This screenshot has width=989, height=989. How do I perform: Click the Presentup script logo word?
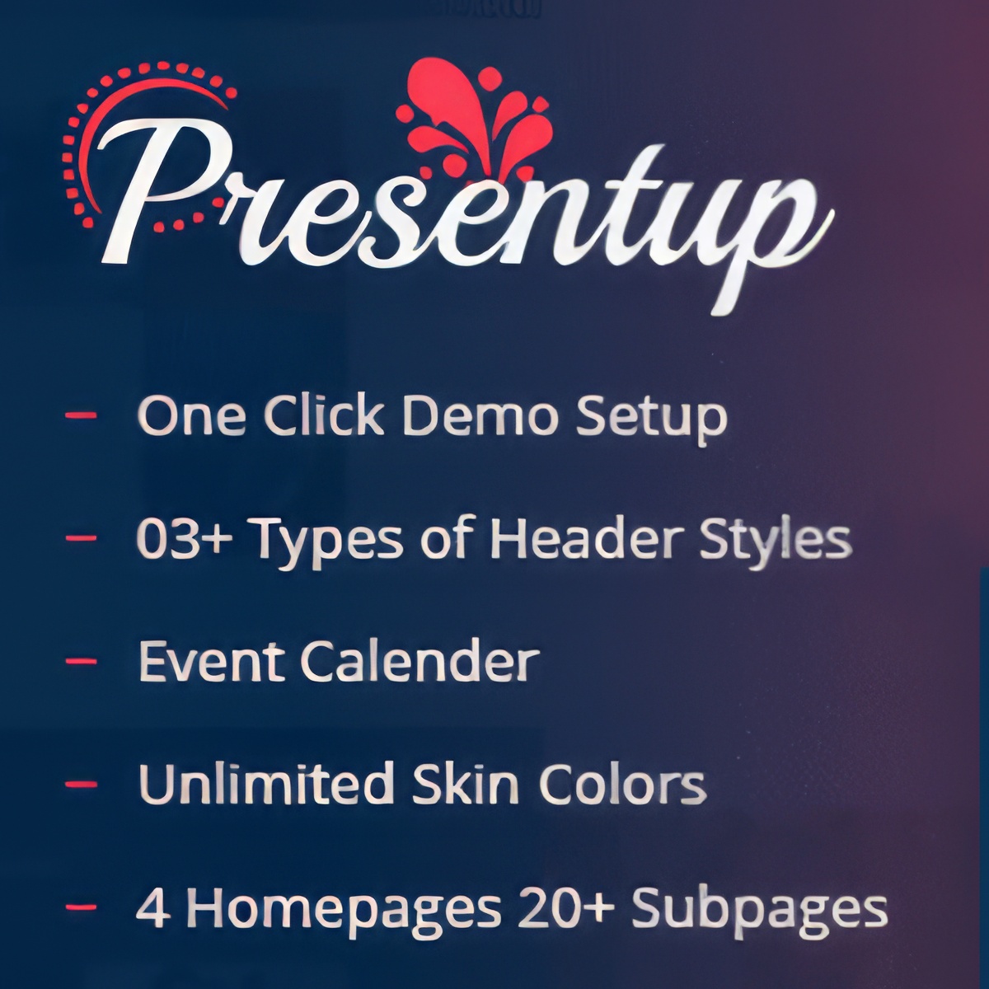(462, 216)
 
